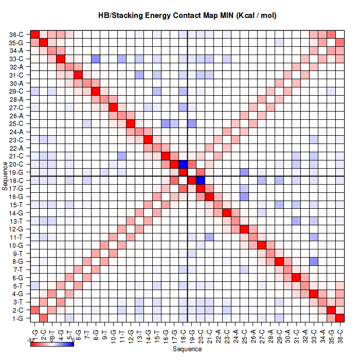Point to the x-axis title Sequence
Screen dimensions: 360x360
coord(187,349)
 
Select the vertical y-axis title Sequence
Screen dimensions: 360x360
coord(5,176)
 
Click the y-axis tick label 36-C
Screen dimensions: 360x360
coord(16,34)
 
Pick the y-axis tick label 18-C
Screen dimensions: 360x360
coord(16,181)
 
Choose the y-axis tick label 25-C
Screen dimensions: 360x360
coord(16,124)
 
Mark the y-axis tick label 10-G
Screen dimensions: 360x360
coord(16,245)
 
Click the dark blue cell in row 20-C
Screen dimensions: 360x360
coord(183,164)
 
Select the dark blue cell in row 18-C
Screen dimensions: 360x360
coord(201,181)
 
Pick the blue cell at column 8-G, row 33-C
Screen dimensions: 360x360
coord(96,59)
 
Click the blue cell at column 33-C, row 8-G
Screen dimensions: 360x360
coord(314,261)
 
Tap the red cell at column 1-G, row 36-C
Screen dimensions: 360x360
coord(35,34)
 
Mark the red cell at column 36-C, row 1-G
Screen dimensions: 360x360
coord(340,318)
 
